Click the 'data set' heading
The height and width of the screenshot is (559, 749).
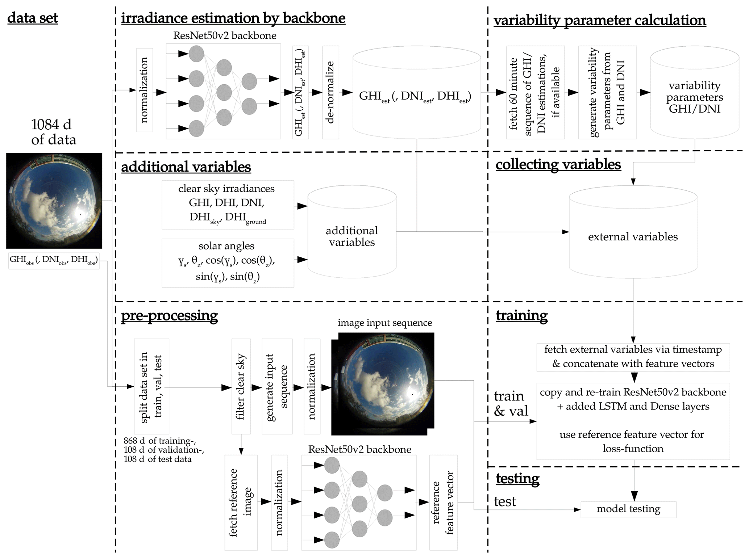coord(33,18)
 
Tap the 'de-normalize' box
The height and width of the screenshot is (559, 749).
coord(330,92)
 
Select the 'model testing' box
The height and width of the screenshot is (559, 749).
coord(628,509)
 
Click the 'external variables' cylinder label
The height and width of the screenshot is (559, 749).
coord(633,237)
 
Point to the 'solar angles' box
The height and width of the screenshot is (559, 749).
coord(228,262)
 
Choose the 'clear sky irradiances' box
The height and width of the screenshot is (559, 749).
coord(228,205)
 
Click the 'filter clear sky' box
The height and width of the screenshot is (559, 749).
coord(241,386)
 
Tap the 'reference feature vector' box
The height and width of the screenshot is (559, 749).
coord(443,502)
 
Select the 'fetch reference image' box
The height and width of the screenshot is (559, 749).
coord(241,502)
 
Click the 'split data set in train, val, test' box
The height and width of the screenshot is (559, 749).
coord(151,386)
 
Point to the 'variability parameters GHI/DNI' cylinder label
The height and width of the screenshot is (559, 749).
coord(694,97)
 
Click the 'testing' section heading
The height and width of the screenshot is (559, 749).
coord(517,478)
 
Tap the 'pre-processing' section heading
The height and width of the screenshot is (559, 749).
coord(169,315)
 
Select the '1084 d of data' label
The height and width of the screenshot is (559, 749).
coord(53,132)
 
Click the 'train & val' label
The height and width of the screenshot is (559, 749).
coord(511,403)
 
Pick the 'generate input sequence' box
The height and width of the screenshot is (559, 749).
coord(277,386)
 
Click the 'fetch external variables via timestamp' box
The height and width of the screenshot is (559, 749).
coord(633,357)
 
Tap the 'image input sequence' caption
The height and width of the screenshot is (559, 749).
coord(384,323)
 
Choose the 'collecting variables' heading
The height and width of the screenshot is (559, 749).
coord(558,164)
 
